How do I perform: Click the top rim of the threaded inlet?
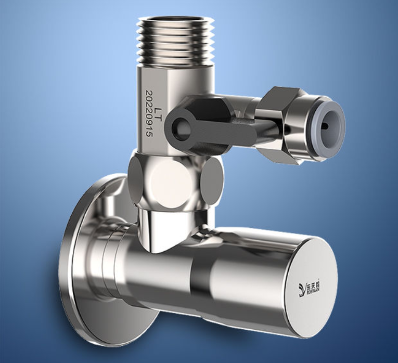coord(176,21)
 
